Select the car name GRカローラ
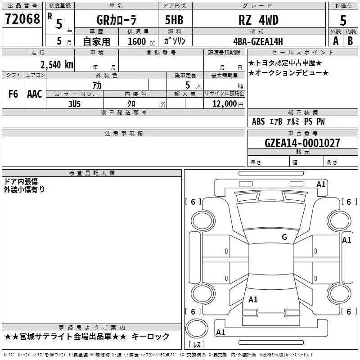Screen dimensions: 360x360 tap(117, 20)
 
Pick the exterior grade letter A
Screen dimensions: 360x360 tap(335, 40)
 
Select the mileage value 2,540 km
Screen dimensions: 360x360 tap(56, 64)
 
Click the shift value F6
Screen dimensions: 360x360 tap(13, 94)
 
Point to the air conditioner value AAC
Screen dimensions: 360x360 tap(35, 94)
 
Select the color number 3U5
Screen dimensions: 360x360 tap(74, 103)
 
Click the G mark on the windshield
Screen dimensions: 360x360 tap(284, 237)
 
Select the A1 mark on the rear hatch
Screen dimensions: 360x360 tap(253, 300)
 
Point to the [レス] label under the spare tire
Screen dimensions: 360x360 tap(196, 345)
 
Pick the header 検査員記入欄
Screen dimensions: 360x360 tap(92, 173)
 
